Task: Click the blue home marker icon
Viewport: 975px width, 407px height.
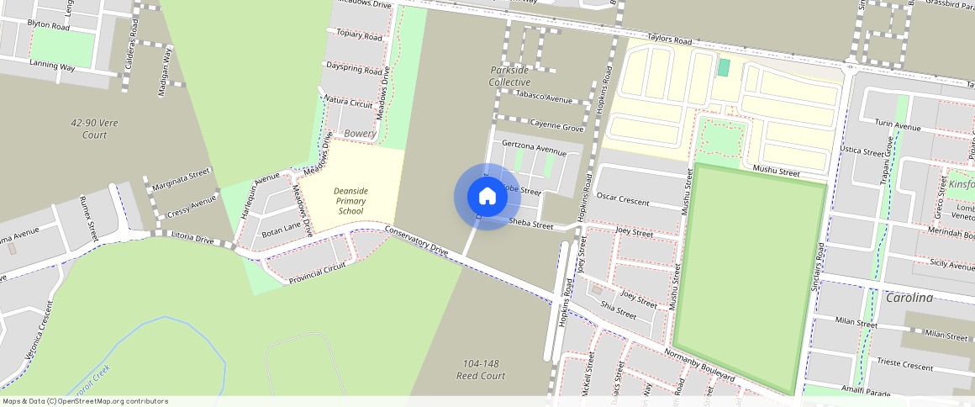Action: [x=487, y=197]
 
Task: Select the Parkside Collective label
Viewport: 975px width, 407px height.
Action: [x=510, y=77]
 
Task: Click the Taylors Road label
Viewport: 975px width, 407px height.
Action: [x=669, y=40]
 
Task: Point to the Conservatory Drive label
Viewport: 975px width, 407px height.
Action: [x=417, y=240]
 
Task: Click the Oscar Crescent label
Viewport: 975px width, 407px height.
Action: [x=622, y=200]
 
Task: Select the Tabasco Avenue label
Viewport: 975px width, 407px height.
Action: [x=544, y=98]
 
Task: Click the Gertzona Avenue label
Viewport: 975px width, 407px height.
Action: [x=534, y=146]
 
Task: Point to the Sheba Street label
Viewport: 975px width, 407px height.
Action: [x=531, y=225]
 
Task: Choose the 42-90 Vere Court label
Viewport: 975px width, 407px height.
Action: [x=94, y=129]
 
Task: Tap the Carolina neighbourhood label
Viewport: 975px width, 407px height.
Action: [x=909, y=298]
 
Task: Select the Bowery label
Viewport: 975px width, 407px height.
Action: [x=360, y=134]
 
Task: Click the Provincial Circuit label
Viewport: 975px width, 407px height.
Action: [x=317, y=272]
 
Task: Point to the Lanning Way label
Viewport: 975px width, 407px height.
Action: [x=52, y=65]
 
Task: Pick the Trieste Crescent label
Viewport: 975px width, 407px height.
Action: [x=904, y=367]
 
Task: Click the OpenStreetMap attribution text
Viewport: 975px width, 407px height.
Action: [x=85, y=401]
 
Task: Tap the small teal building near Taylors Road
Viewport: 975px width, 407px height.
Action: [x=724, y=67]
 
